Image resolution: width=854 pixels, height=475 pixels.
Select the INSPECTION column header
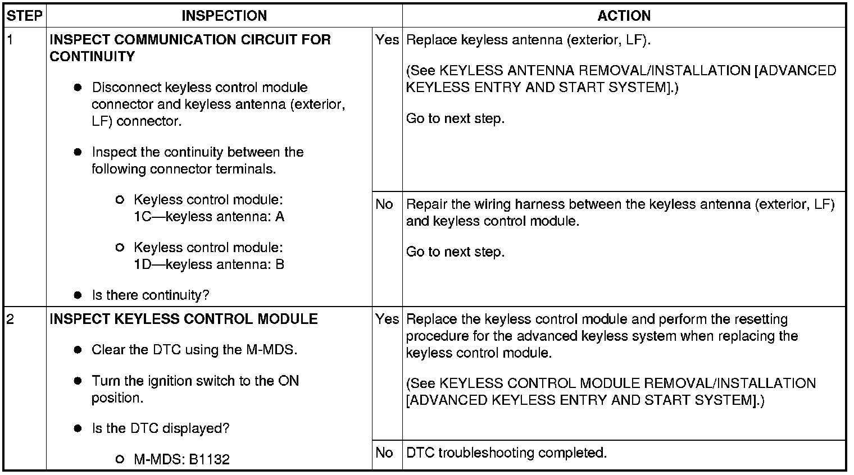coord(224,16)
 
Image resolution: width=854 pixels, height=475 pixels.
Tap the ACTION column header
coord(624,16)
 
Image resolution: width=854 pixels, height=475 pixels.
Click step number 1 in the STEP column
coord(10,40)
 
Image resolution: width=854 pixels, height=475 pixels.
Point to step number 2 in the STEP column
coord(11,319)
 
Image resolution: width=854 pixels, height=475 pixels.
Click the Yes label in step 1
coord(387,40)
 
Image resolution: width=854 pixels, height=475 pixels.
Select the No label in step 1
coord(384,204)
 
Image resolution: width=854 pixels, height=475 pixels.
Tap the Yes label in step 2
coord(387,319)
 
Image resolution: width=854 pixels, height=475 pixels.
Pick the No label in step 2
coord(384,453)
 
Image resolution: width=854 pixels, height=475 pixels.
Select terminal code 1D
coord(143,265)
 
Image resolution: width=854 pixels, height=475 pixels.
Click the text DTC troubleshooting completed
coord(506,453)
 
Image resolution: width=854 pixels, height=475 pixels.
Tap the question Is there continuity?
coord(151,295)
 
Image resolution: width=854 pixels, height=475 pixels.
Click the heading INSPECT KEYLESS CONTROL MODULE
coord(184,319)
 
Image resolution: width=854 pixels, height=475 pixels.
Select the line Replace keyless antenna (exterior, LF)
coord(528,40)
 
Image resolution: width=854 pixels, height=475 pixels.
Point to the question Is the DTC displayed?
coord(161,429)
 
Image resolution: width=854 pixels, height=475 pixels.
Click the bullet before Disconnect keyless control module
coord(78,88)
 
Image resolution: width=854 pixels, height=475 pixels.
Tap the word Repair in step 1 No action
coord(424,204)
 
